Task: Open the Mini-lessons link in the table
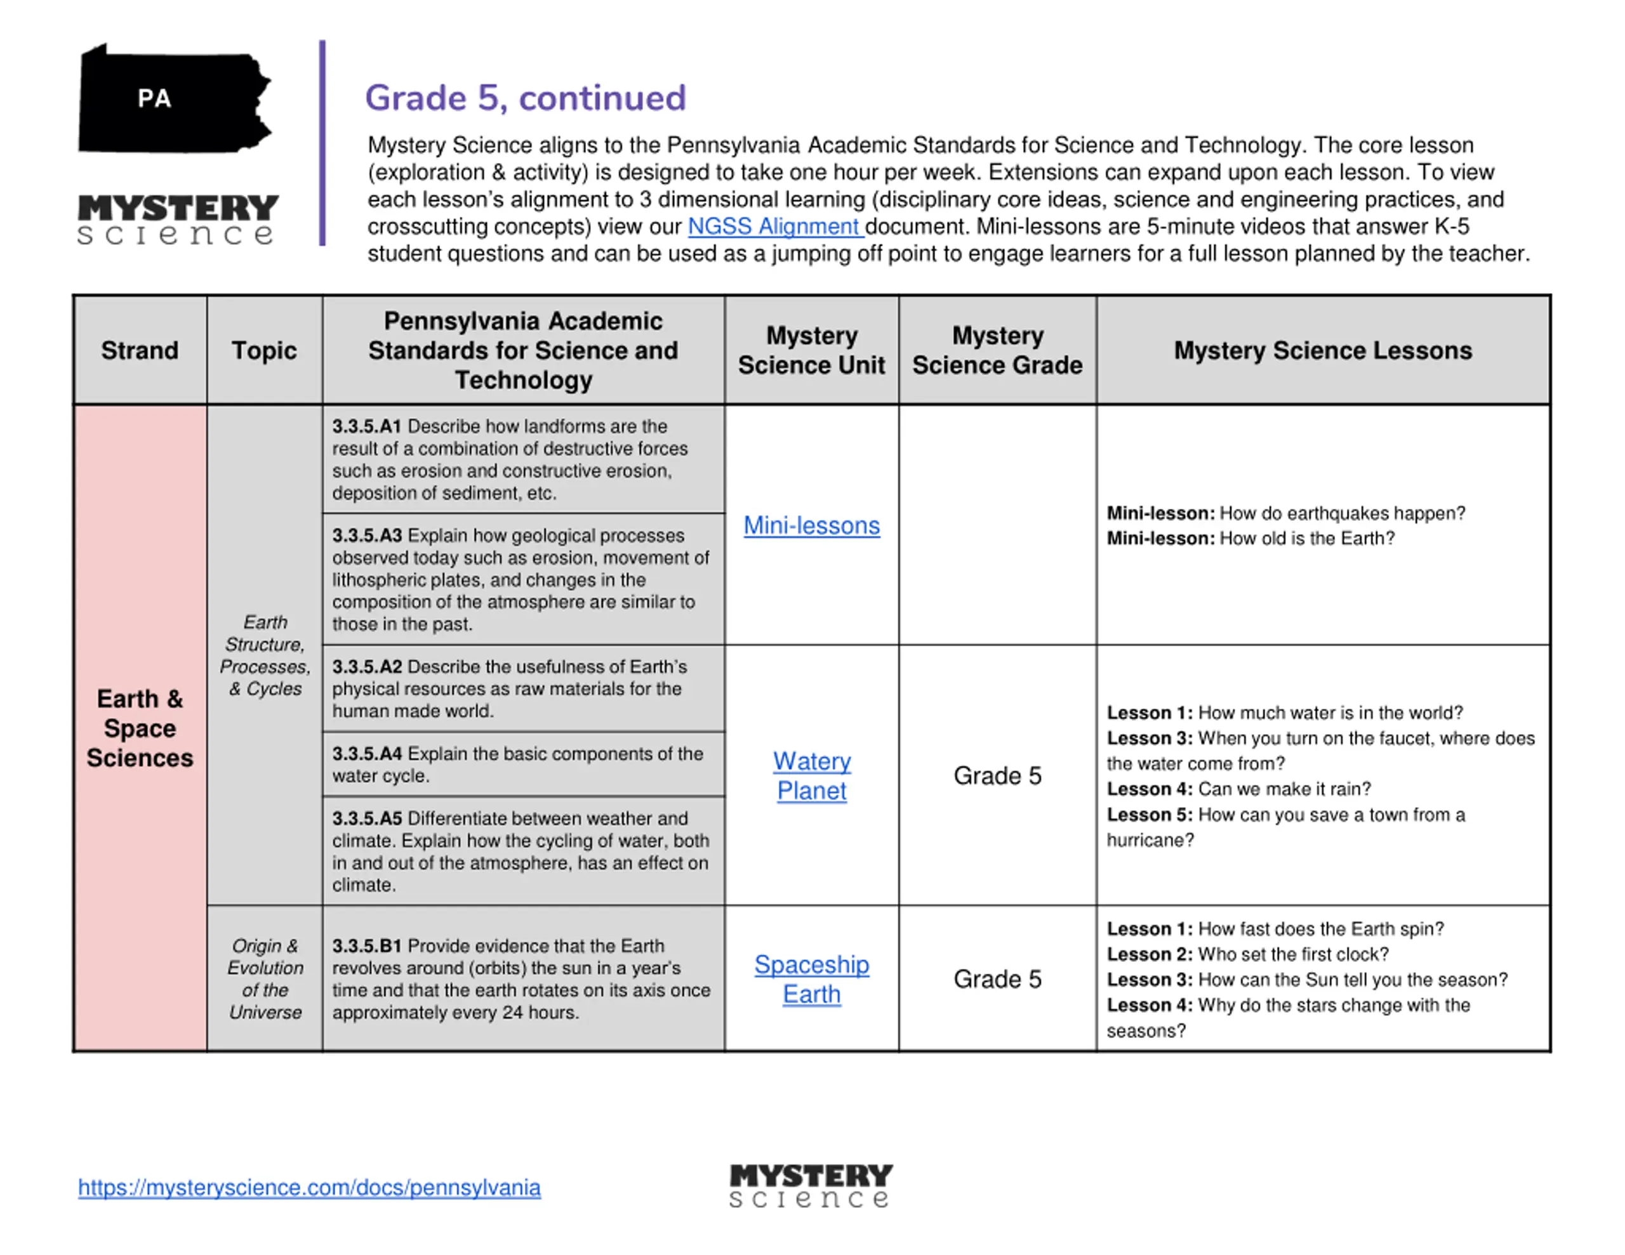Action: coord(811,525)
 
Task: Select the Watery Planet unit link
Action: coord(811,775)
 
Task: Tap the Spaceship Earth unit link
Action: coord(811,979)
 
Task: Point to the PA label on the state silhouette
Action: coord(154,98)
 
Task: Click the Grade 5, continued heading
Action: coord(526,98)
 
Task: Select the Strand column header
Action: coord(140,350)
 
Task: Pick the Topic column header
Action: coord(264,350)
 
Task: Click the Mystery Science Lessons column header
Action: coord(1322,350)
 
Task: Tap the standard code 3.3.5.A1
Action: coord(366,426)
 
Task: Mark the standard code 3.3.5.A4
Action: coord(366,754)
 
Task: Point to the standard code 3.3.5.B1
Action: coord(366,945)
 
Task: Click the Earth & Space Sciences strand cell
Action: coord(140,728)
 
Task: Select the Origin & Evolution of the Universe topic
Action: coord(265,978)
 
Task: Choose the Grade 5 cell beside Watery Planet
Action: coord(997,775)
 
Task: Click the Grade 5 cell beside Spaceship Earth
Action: coord(997,979)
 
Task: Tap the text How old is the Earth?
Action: coord(1306,538)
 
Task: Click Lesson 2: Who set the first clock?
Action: coord(1247,954)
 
